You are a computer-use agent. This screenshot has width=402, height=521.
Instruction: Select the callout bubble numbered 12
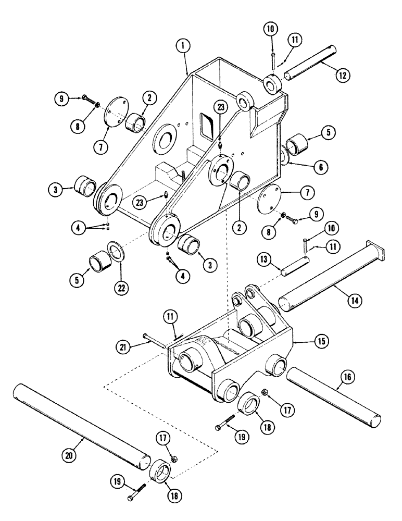(343, 76)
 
